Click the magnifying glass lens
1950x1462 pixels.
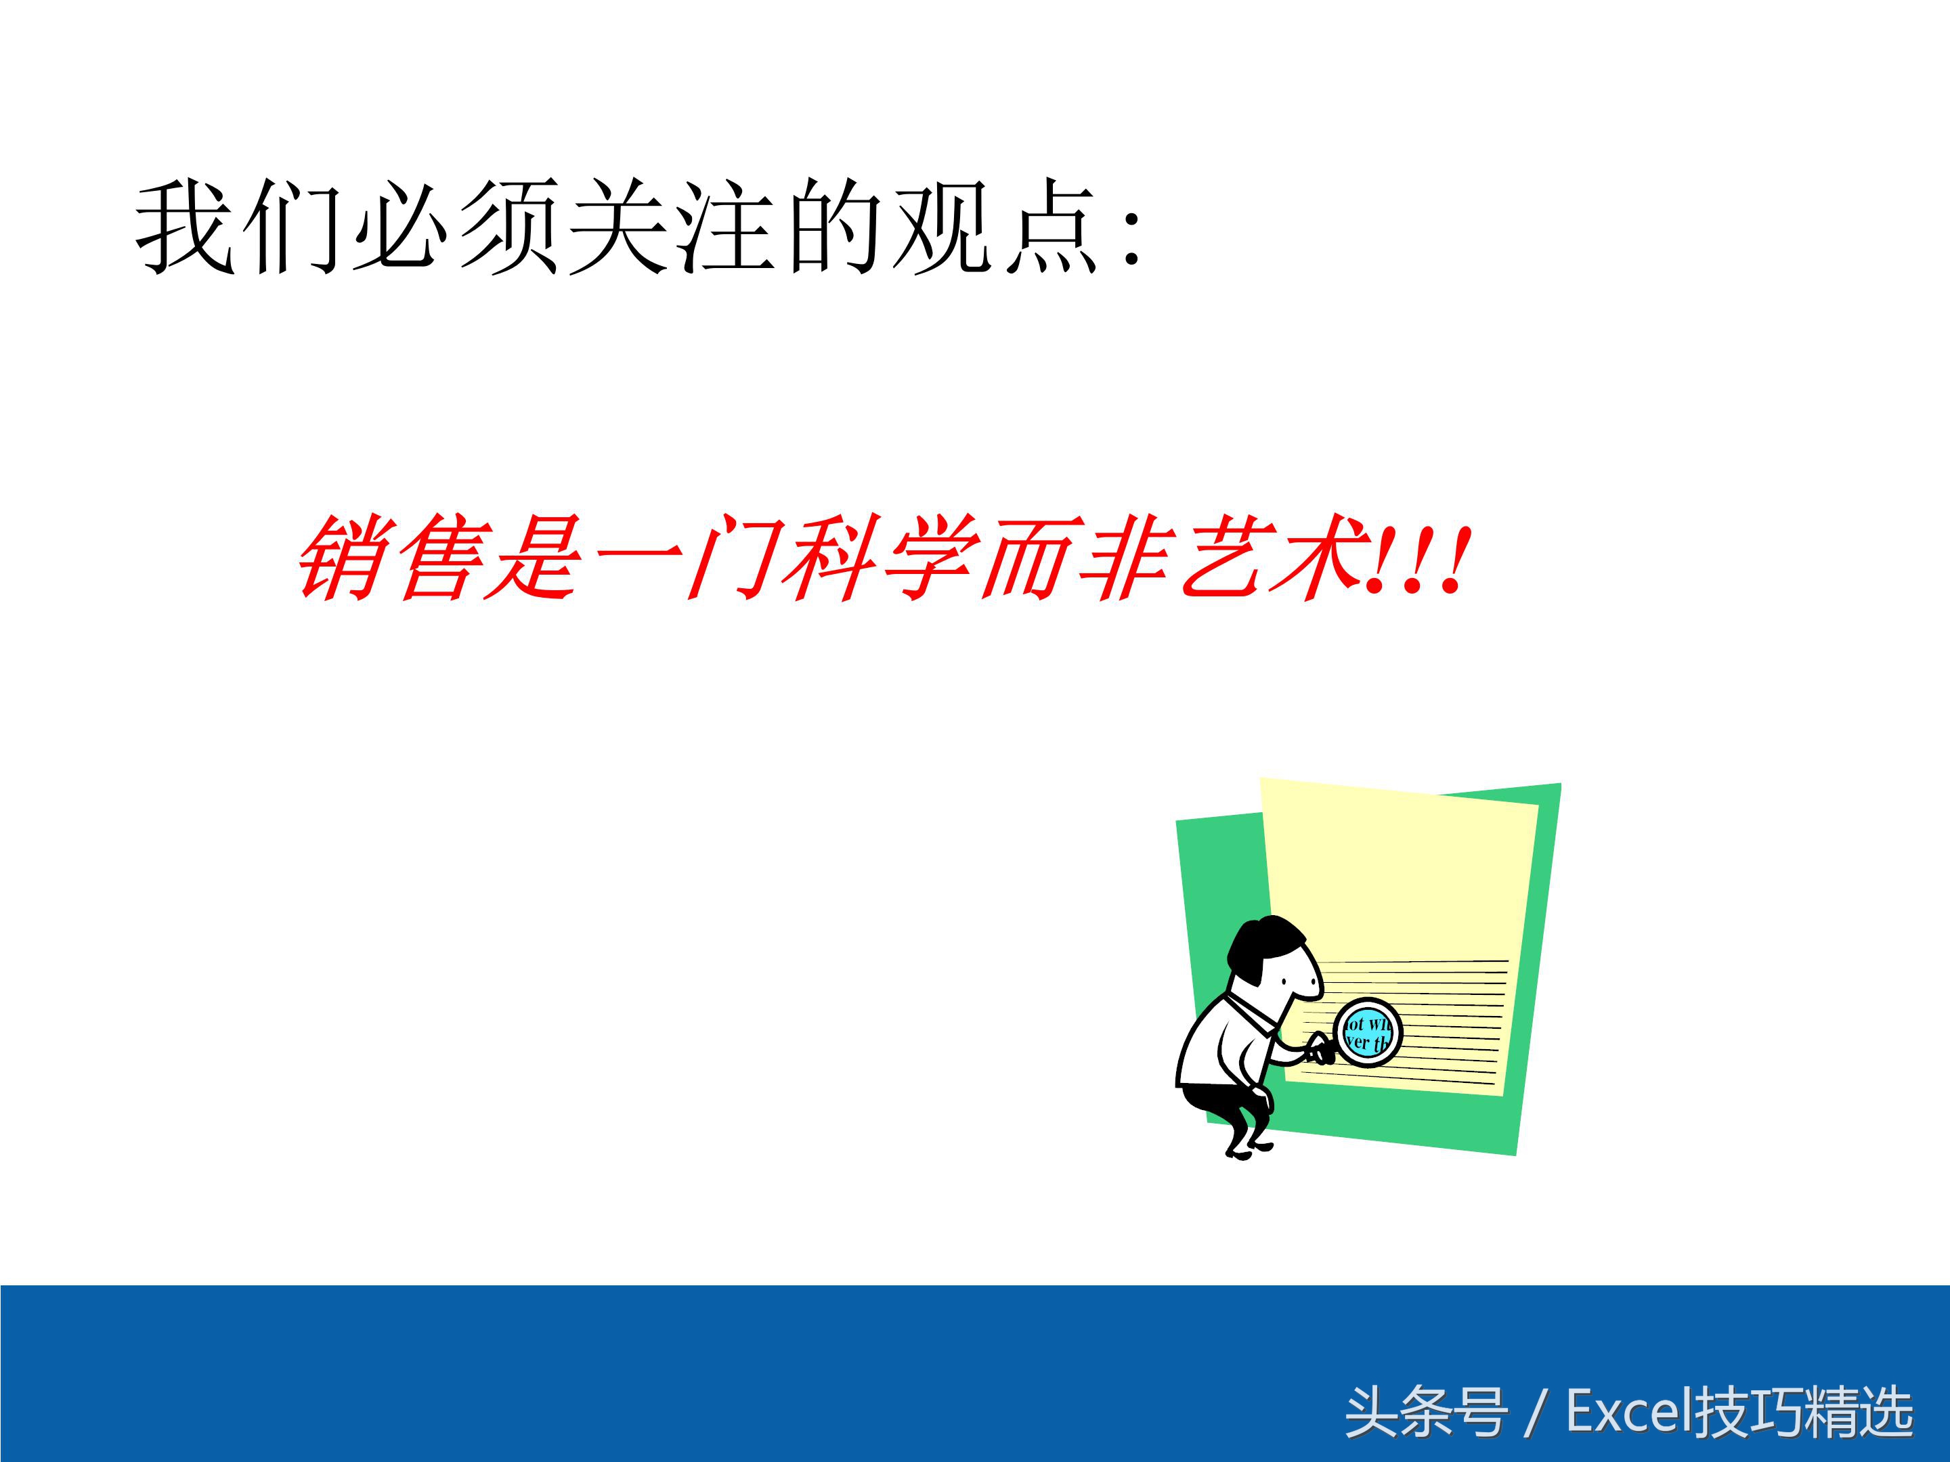point(1368,1032)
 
